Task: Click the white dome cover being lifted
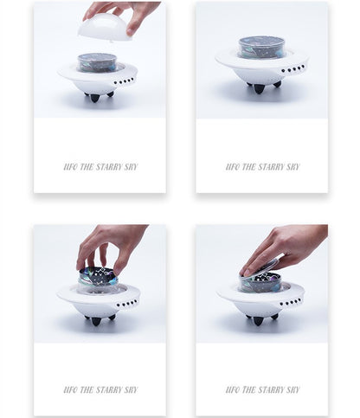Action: [x=102, y=29]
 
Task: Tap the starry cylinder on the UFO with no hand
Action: [x=261, y=48]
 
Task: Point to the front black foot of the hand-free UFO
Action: [x=259, y=88]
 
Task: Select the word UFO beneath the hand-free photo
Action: [x=233, y=167]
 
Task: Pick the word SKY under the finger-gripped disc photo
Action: [x=132, y=390]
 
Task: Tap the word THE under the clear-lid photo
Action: [x=249, y=390]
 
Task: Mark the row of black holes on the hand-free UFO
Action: [x=293, y=69]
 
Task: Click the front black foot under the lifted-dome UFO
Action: [x=94, y=98]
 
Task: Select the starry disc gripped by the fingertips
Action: [x=97, y=276]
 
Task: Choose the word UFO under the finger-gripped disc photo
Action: [x=70, y=390]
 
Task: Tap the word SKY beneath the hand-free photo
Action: [x=293, y=167]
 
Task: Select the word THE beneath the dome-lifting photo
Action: [x=87, y=167]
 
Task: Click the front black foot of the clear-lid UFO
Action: [x=258, y=321]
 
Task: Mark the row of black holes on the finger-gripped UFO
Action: [x=127, y=303]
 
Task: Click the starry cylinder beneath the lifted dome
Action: [x=98, y=62]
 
